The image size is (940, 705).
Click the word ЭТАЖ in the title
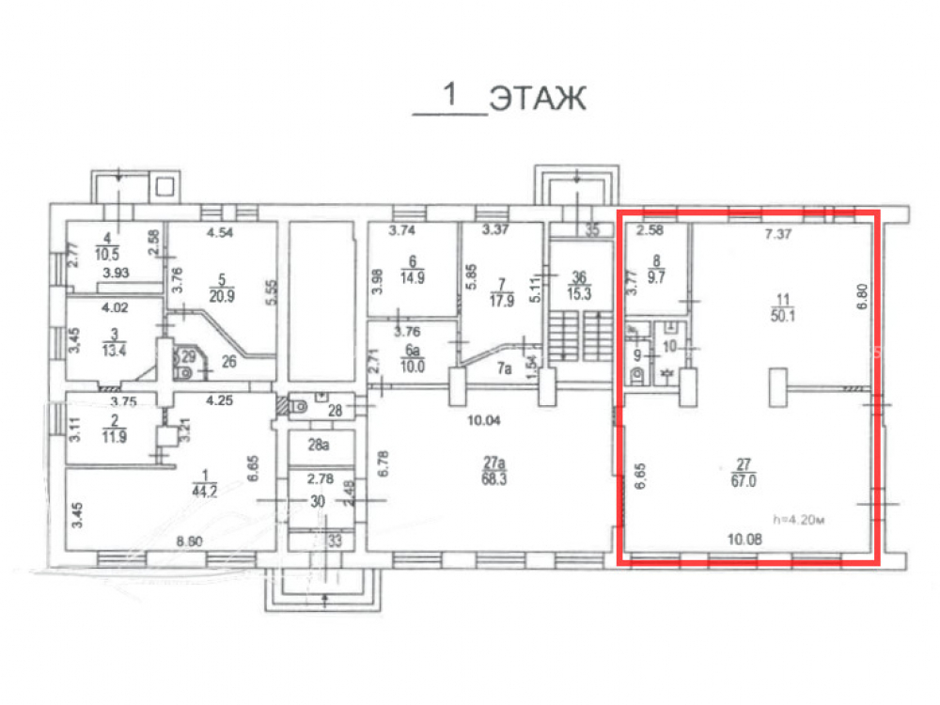[538, 99]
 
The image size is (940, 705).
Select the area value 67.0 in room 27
[744, 480]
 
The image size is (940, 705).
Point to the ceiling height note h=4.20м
[799, 519]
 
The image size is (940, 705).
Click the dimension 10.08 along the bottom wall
[744, 539]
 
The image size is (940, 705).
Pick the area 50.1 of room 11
[783, 315]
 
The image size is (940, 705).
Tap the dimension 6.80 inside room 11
[863, 296]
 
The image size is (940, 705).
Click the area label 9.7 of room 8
[656, 277]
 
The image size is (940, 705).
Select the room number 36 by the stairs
[579, 277]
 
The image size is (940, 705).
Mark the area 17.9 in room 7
[502, 301]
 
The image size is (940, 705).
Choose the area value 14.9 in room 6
[413, 277]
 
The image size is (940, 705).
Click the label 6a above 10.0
[413, 350]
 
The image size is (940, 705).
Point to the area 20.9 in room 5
[222, 295]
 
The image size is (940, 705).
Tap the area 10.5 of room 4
[107, 254]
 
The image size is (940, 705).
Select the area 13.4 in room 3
[114, 350]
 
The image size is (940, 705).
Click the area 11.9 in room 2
[114, 436]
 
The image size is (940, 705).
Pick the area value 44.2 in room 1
[204, 492]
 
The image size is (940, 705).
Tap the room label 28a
[319, 445]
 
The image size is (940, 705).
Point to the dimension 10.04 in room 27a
[484, 420]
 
